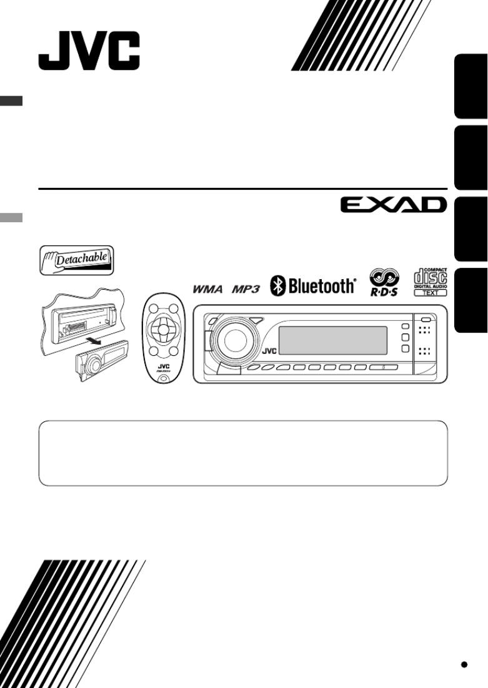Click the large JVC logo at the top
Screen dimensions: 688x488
pos(89,52)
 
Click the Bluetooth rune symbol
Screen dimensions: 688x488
pos(277,287)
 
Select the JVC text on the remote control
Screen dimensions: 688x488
pos(162,367)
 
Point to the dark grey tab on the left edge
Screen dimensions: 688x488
pos(11,101)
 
